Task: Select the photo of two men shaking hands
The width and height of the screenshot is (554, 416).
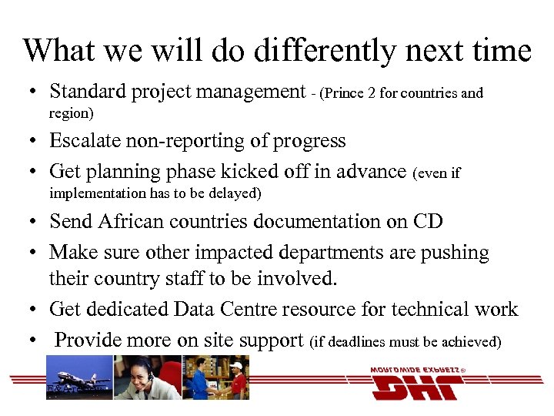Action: (216, 377)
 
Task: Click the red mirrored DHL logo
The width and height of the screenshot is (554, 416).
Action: (415, 383)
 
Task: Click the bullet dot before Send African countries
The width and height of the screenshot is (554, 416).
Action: (32, 223)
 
